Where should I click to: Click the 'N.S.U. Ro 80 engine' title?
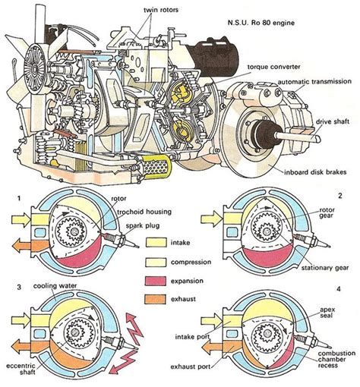tap(261, 23)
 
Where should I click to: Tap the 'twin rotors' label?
tap(161, 10)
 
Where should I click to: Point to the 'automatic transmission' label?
tap(314, 82)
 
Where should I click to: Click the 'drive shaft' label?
tap(332, 121)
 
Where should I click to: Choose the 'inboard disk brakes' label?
tap(315, 172)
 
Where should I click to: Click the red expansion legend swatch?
tap(156, 281)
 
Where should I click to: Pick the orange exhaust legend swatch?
tap(156, 299)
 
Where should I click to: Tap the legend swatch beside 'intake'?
tap(156, 243)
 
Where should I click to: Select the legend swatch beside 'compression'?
tap(156, 262)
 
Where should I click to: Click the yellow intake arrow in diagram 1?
tap(21, 218)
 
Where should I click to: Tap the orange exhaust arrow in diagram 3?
tap(21, 346)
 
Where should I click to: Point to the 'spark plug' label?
tap(143, 225)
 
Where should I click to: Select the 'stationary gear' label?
tap(325, 267)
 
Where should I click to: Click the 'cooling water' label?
tap(55, 286)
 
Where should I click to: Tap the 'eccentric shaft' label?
tap(21, 369)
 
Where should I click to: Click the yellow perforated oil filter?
tap(155, 165)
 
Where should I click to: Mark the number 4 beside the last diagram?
tap(339, 289)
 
